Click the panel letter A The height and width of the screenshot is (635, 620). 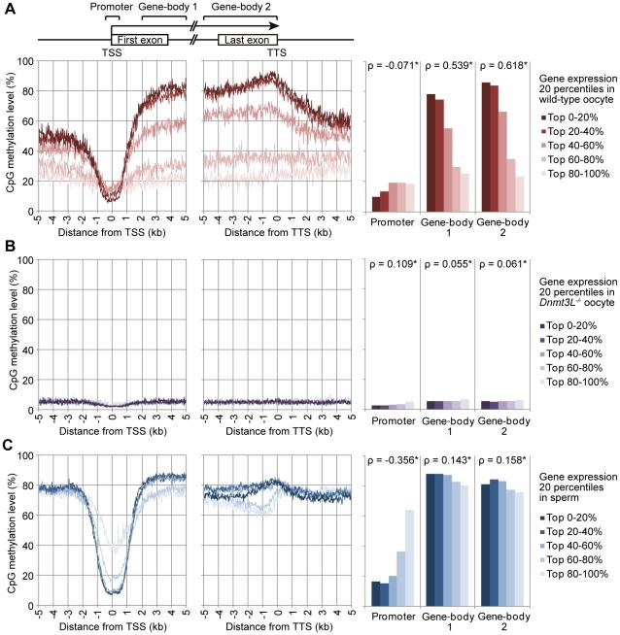[7, 8]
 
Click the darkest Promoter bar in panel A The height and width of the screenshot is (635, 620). [376, 204]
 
